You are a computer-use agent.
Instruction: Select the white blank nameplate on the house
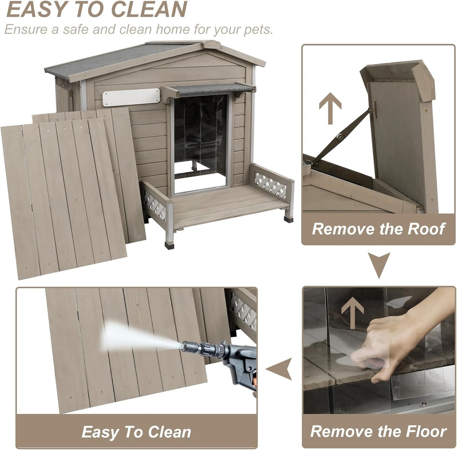[131, 97]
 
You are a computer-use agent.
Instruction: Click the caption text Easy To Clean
[136, 425]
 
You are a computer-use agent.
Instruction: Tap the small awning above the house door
[208, 90]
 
